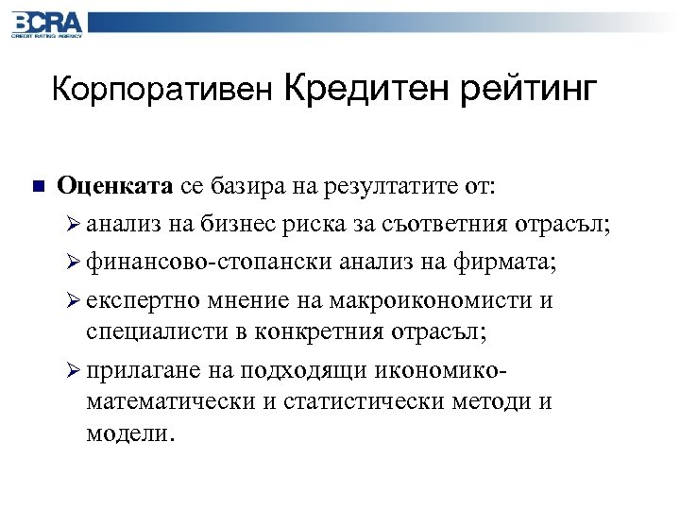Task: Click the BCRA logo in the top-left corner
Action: pos(46,23)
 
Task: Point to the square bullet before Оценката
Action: pos(36,184)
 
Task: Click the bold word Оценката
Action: pos(114,185)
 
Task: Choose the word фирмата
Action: pos(510,262)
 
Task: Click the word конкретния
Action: pos(331,331)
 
